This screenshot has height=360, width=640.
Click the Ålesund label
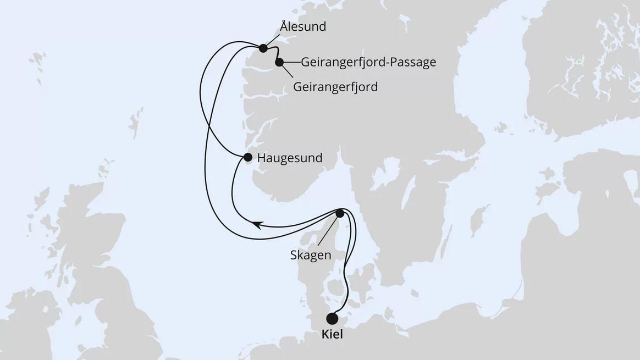(302, 26)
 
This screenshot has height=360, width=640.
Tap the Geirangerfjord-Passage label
(368, 62)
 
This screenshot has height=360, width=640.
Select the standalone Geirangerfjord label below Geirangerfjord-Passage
(335, 87)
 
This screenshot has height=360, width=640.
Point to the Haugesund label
(290, 158)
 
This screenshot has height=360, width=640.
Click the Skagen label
(311, 255)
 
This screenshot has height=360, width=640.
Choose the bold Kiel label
(332, 334)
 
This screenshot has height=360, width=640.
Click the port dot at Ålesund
(263, 48)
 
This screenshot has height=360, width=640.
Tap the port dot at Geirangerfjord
(279, 62)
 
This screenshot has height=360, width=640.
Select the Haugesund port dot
(247, 158)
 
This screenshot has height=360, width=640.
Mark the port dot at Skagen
(340, 213)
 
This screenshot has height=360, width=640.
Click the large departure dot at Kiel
(332, 318)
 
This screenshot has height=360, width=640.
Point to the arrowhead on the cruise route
(256, 224)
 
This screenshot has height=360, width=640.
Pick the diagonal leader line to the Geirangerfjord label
(286, 73)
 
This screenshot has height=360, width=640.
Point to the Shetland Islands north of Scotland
(134, 122)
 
